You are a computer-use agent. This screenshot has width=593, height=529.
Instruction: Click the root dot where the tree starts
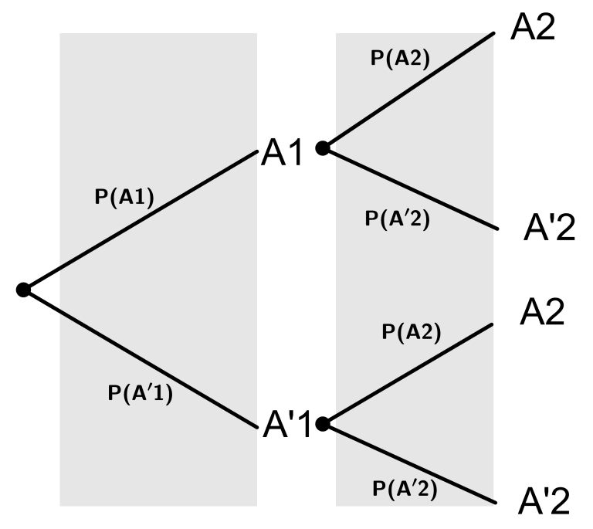(23, 290)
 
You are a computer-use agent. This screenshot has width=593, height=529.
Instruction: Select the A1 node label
(284, 151)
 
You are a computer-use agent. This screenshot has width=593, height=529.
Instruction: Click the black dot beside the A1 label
(323, 148)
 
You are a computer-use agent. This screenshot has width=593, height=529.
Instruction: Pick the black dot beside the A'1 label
(323, 423)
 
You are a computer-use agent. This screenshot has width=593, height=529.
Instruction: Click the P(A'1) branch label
(140, 393)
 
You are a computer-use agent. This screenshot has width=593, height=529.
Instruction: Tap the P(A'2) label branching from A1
(397, 219)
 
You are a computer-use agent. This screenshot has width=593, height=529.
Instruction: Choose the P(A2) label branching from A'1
(411, 332)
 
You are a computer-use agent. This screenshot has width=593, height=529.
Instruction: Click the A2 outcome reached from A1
(533, 27)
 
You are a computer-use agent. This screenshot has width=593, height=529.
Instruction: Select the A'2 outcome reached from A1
(548, 229)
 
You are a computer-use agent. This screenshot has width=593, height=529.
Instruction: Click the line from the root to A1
(139, 220)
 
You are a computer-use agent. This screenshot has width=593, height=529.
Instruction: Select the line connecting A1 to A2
(409, 90)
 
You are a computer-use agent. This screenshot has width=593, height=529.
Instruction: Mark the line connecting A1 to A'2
(409, 188)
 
